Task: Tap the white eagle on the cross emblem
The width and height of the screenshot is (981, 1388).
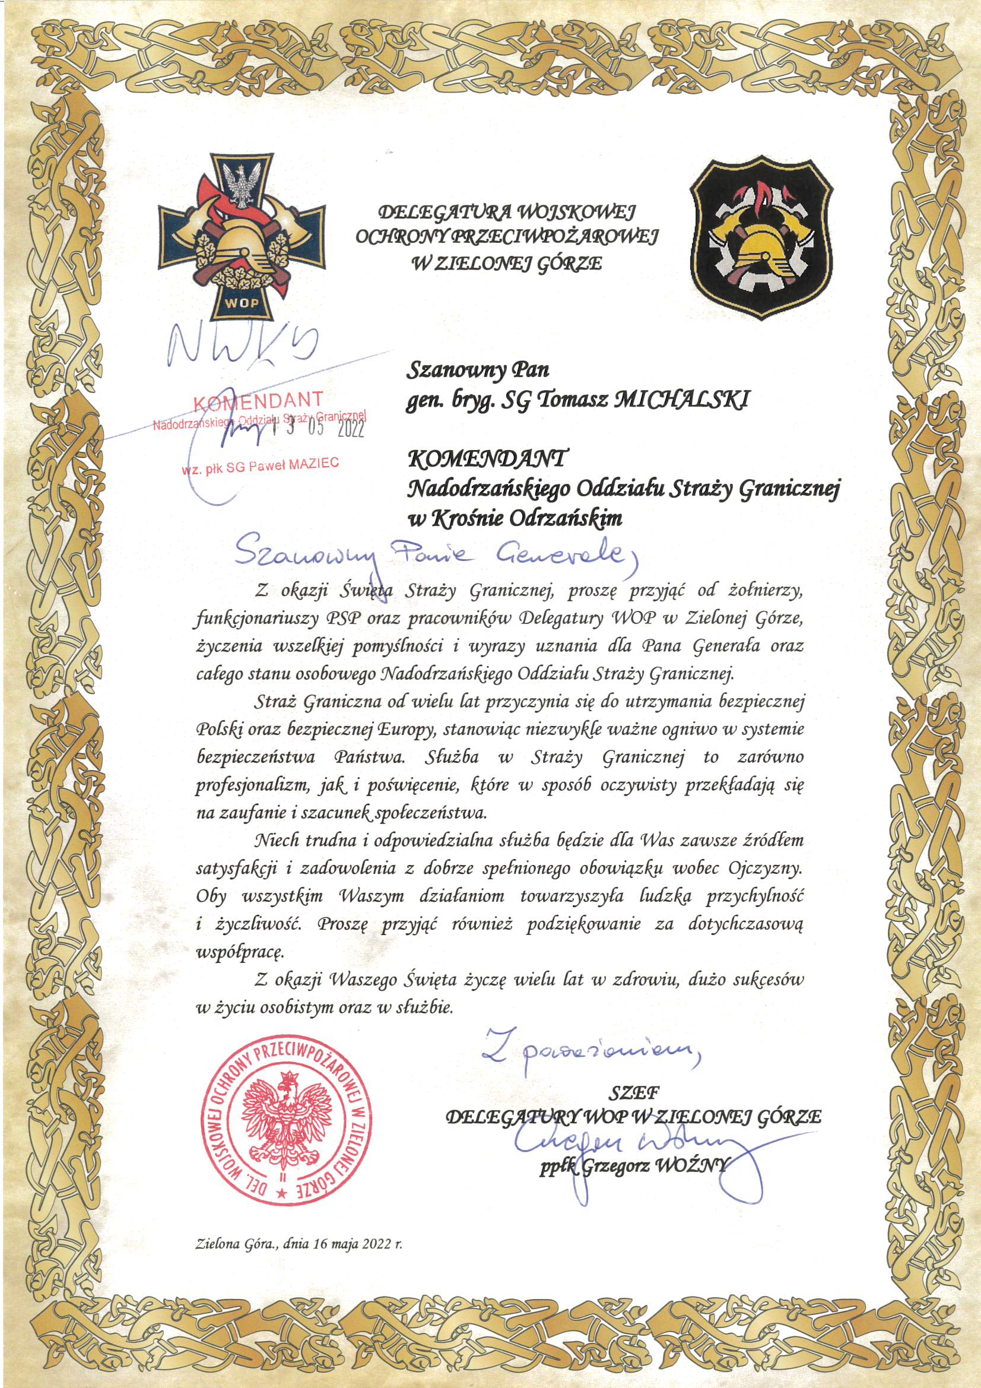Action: coord(242,185)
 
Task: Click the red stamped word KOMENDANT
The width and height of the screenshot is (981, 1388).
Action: coord(258,401)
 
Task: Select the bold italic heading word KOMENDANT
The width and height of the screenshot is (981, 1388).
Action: coord(487,460)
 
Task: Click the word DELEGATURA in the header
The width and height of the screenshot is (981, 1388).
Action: coord(444,212)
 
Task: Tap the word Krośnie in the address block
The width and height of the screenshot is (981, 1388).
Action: coord(469,518)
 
